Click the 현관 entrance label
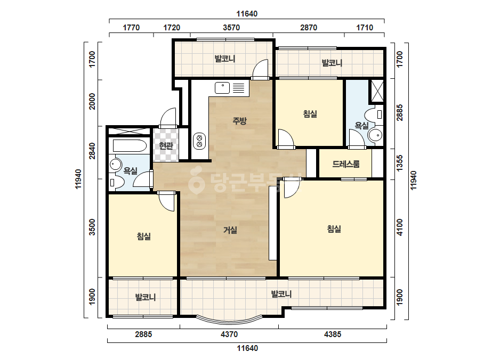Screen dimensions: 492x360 [x=166, y=145]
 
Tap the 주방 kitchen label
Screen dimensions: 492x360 [x=239, y=121]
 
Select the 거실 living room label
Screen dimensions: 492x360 [x=230, y=230]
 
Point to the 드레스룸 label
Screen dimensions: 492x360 [x=346, y=164]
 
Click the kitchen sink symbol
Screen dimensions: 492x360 [x=222, y=88]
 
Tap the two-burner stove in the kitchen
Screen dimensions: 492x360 [x=199, y=141]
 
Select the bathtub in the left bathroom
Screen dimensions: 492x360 [x=130, y=146]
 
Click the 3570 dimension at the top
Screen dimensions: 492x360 [x=231, y=28]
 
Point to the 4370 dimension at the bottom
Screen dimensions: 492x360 [x=229, y=334]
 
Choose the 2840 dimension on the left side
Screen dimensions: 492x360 [x=92, y=151]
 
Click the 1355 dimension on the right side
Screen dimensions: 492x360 [x=399, y=163]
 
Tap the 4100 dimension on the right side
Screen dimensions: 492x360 [x=399, y=227]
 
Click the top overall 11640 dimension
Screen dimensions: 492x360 [x=247, y=14]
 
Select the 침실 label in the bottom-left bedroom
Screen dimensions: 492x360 [x=144, y=236]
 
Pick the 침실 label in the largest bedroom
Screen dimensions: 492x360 [x=334, y=229]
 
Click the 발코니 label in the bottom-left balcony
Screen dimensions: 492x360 [x=146, y=297]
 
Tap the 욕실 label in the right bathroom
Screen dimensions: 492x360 [x=361, y=126]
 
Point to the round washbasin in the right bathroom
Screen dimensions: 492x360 [x=375, y=135]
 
